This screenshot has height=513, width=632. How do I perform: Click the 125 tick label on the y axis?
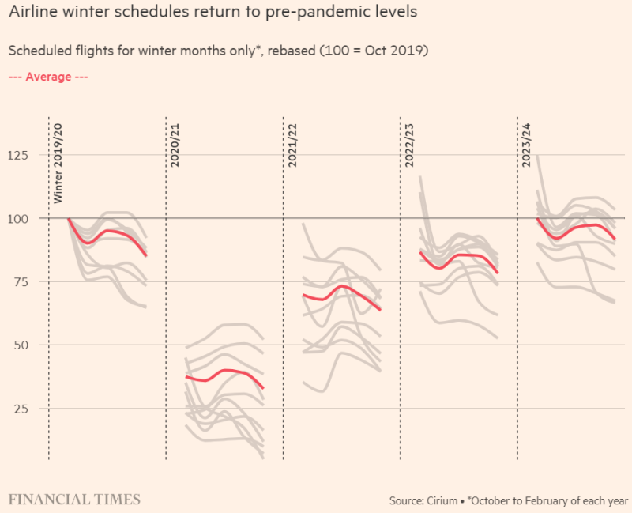click(x=17, y=155)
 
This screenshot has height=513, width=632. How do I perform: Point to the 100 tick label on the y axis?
click(x=17, y=218)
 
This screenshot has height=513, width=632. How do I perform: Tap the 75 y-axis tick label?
click(x=21, y=281)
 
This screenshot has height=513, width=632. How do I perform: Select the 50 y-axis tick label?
click(x=21, y=345)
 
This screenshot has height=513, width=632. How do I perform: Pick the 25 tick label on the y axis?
click(x=21, y=408)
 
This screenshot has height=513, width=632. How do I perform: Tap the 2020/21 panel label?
click(x=175, y=144)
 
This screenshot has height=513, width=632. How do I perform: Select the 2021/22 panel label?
click(x=292, y=144)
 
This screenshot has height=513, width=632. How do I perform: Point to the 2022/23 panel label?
click(x=408, y=144)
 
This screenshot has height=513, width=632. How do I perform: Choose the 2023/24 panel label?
click(x=525, y=144)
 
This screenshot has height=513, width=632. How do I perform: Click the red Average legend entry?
click(x=48, y=77)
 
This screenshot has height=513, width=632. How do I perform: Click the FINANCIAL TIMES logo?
click(x=74, y=500)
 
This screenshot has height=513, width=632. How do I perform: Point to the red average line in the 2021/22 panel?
click(x=342, y=286)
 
